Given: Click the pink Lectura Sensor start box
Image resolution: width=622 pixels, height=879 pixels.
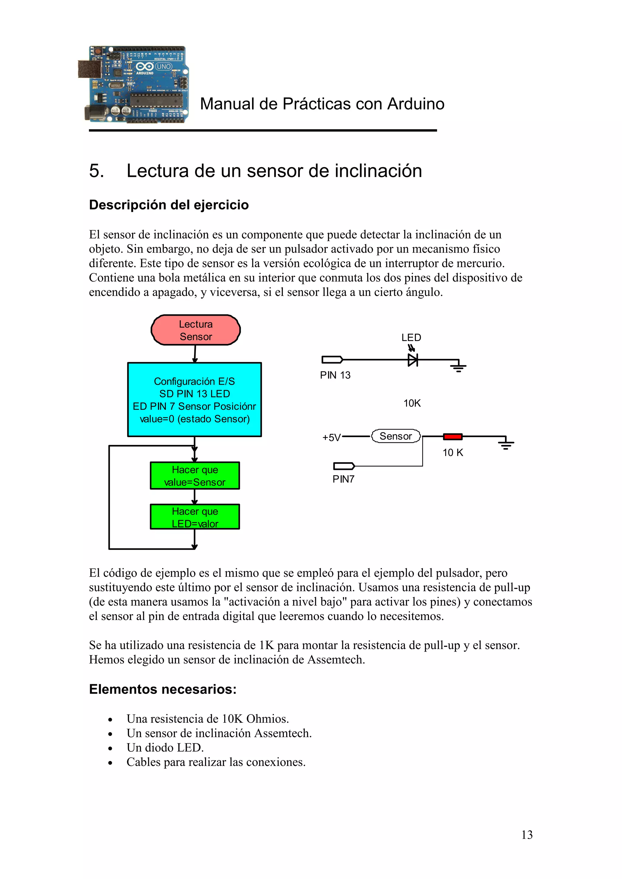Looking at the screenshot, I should tap(196, 330).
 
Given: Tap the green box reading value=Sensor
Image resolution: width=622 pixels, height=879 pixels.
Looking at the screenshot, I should tap(195, 476).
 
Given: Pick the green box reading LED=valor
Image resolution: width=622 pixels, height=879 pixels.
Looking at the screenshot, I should tap(195, 517).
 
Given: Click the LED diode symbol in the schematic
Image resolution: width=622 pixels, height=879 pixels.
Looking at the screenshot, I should tap(412, 359).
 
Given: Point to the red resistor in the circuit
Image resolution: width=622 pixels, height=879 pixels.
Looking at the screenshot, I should tap(453, 436).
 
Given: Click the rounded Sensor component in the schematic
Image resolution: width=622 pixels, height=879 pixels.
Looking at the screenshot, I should tap(395, 436).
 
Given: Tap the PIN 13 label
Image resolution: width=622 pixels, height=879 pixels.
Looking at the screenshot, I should tap(335, 375).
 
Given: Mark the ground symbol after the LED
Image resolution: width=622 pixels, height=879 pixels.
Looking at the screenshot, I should tap(458, 366).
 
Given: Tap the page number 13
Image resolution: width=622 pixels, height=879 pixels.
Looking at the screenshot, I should tap(527, 835).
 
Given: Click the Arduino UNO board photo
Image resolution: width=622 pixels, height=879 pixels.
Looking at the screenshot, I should tap(134, 84).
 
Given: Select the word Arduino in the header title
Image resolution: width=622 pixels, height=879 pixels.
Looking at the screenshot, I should tap(415, 104).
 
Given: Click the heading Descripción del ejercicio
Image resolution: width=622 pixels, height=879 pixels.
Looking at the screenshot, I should tap(169, 205).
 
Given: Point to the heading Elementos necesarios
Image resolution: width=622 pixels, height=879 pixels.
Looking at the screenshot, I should tap(162, 689).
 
